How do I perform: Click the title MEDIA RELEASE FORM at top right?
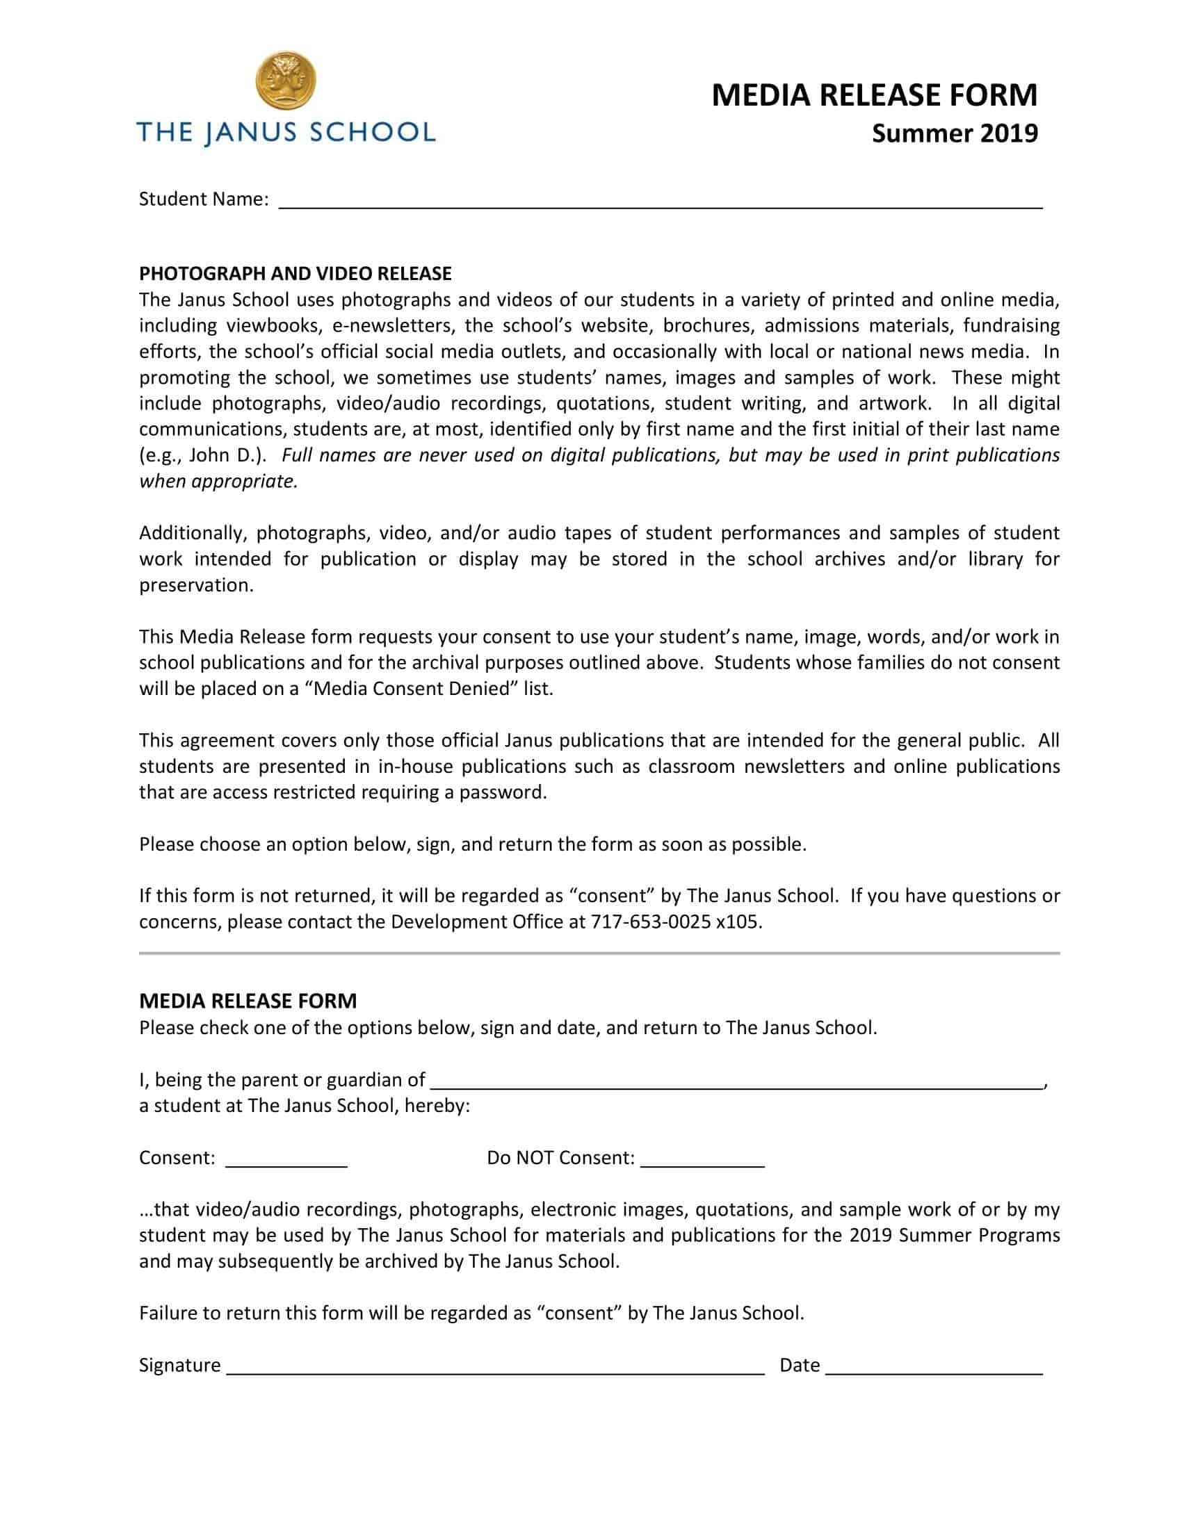pyautogui.click(x=874, y=95)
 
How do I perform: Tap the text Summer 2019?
pyautogui.click(x=954, y=133)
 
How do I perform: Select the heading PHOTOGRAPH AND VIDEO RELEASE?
pyautogui.click(x=295, y=273)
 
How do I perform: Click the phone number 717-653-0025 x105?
pyautogui.click(x=676, y=922)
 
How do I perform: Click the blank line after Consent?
pyautogui.click(x=286, y=1159)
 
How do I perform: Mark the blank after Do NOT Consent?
pyautogui.click(x=702, y=1159)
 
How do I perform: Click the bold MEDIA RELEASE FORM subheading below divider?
pyautogui.click(x=248, y=1000)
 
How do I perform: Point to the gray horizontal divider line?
pyautogui.click(x=599, y=953)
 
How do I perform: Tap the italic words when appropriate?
pyautogui.click(x=218, y=481)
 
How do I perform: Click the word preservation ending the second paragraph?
pyautogui.click(x=195, y=584)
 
